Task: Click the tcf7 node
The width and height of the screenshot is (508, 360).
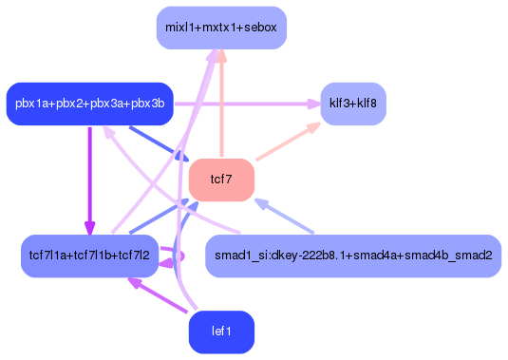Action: point(221,180)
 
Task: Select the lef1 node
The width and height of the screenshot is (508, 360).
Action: point(221,332)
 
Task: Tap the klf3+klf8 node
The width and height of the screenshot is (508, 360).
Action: point(353,103)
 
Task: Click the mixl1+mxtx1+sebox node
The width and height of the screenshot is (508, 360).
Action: point(221,27)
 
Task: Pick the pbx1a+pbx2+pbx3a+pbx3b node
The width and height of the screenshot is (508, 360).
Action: point(88,103)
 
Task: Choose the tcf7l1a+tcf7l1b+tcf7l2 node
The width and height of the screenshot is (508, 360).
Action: point(89,256)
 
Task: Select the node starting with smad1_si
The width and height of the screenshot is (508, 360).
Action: point(353,256)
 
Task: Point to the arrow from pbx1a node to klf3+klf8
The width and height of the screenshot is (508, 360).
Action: point(237,103)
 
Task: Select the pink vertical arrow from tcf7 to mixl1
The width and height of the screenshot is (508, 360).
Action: point(221,104)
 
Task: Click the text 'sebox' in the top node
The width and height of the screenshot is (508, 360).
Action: point(260,27)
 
